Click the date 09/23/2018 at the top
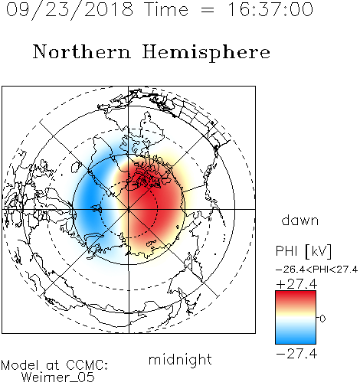(70, 10)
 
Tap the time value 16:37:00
(270, 9)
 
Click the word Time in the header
(166, 9)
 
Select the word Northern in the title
(82, 52)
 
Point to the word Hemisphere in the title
(206, 53)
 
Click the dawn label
(300, 220)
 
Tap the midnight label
(180, 359)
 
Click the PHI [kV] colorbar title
(303, 251)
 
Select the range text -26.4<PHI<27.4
(316, 270)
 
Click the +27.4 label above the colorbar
(296, 284)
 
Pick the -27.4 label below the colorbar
(296, 354)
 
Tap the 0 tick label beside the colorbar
(322, 319)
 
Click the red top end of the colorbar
(296, 293)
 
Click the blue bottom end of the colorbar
(296, 341)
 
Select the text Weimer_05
(58, 378)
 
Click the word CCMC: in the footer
(87, 365)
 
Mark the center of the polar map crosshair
(129, 209)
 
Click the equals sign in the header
(208, 10)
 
